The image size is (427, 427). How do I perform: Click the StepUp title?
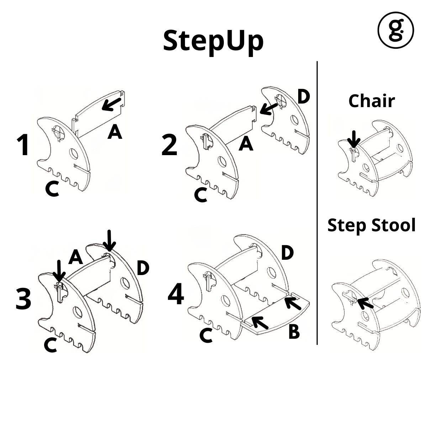tap(213, 41)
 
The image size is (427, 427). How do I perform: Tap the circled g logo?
tap(395, 30)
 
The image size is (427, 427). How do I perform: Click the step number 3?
tap(23, 299)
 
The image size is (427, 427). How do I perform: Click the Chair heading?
tap(371, 101)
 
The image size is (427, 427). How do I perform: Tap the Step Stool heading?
tap(371, 225)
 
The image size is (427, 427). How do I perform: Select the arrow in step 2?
tap(269, 108)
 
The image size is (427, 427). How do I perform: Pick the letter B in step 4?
tap(294, 332)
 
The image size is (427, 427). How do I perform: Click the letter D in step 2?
tap(303, 97)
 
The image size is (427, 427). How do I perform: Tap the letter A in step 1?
tap(115, 133)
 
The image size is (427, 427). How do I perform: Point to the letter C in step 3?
tap(51, 346)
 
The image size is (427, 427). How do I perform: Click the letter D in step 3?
tap(143, 268)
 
